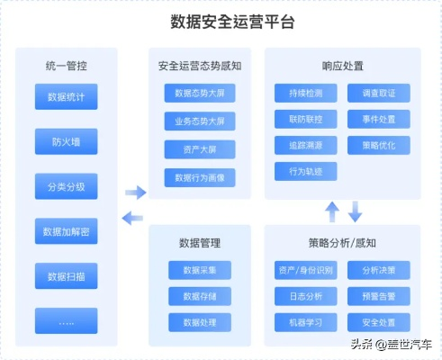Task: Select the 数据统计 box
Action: pyautogui.click(x=67, y=96)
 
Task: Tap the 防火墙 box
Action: pyautogui.click(x=67, y=140)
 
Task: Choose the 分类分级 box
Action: pyautogui.click(x=67, y=187)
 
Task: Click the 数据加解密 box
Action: pyautogui.click(x=67, y=231)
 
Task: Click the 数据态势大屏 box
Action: pyautogui.click(x=199, y=93)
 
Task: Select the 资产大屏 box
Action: pyautogui.click(x=199, y=149)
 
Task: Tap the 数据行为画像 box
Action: pyautogui.click(x=199, y=177)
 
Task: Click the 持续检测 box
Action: pyautogui.click(x=306, y=92)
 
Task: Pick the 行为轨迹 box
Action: pyautogui.click(x=306, y=170)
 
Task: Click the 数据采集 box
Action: pyautogui.click(x=199, y=270)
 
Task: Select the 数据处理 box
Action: pyautogui.click(x=199, y=321)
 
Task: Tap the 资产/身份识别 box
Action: pyautogui.click(x=306, y=270)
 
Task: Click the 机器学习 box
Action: pyautogui.click(x=306, y=321)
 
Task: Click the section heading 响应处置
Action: pyautogui.click(x=342, y=65)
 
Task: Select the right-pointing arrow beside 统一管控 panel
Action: pyautogui.click(x=135, y=192)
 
